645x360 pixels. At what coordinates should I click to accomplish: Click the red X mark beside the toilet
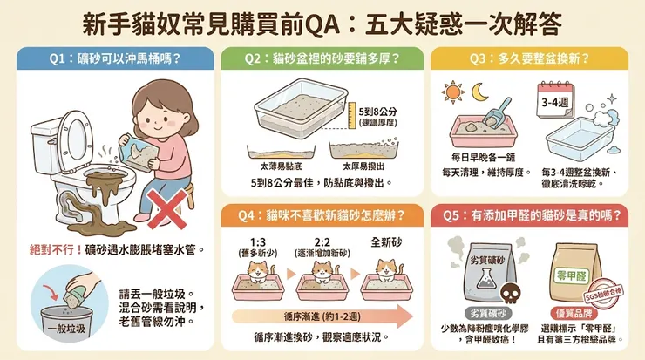166,210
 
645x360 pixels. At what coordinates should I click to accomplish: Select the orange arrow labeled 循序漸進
314,316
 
